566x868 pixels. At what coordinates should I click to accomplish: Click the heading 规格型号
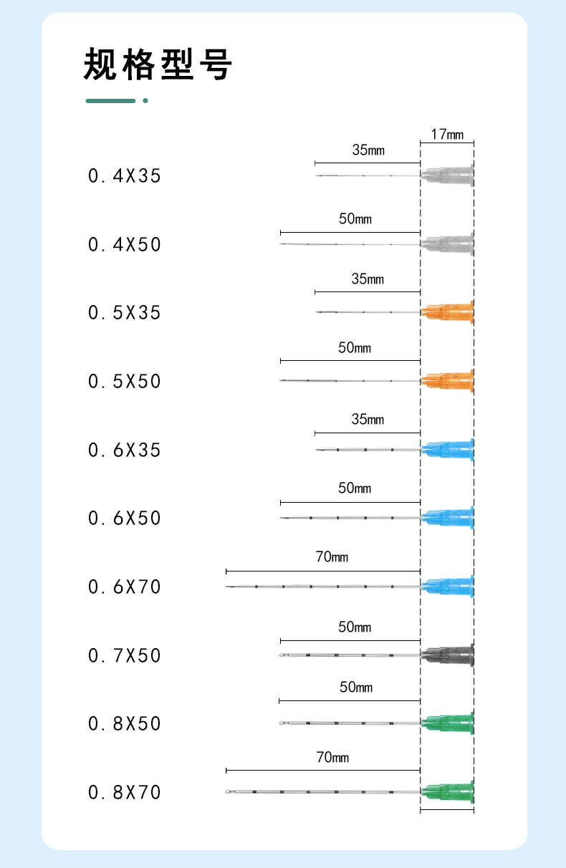(x=158, y=64)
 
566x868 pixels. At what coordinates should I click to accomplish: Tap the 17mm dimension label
(x=447, y=134)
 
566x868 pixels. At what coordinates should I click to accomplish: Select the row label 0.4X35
(x=125, y=175)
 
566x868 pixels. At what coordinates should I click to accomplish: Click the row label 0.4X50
(x=125, y=244)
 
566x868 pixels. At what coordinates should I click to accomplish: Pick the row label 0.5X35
(x=125, y=313)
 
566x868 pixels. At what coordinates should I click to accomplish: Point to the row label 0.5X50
(x=125, y=381)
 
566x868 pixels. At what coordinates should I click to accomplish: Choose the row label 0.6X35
(x=125, y=450)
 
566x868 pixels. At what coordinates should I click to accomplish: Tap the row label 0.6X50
(x=125, y=518)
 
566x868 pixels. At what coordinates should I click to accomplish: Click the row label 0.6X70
(x=125, y=587)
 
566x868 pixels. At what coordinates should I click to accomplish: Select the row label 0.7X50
(x=125, y=655)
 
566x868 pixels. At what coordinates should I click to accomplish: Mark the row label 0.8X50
(x=125, y=723)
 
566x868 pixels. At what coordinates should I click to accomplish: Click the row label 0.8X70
(x=125, y=792)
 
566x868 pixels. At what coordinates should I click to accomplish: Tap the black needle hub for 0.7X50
(x=449, y=655)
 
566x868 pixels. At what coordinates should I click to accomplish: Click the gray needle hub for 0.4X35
(x=449, y=175)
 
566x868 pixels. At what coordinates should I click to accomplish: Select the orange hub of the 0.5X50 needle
(x=449, y=380)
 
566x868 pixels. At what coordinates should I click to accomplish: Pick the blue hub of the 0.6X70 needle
(x=449, y=587)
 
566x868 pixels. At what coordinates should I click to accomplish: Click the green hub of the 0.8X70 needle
(x=449, y=791)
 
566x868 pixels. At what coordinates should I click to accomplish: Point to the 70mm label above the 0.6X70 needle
(x=332, y=556)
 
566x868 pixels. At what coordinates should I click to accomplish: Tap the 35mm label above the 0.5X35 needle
(x=368, y=279)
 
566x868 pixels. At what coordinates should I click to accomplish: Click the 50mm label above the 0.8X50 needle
(x=355, y=688)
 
